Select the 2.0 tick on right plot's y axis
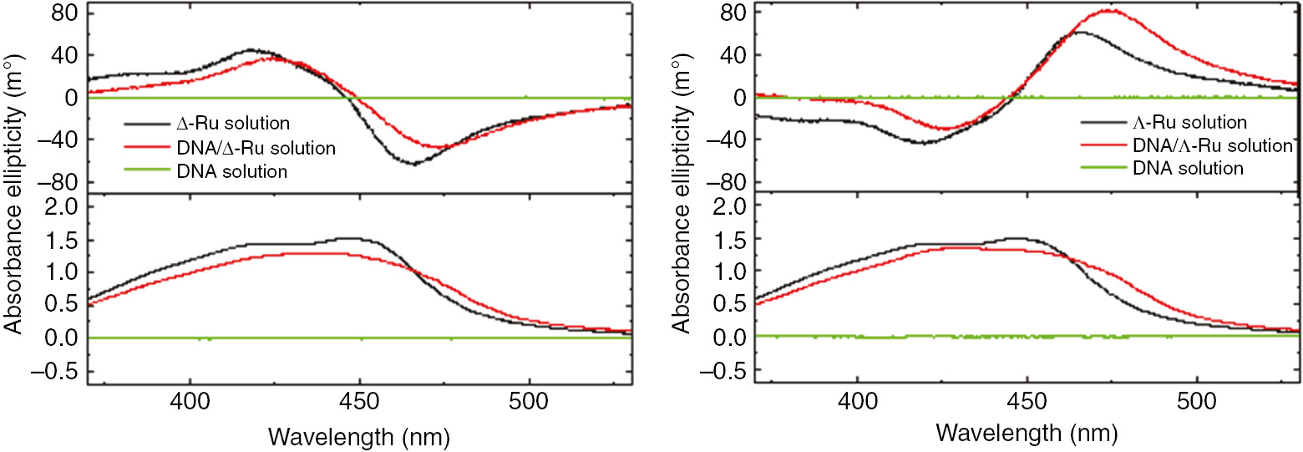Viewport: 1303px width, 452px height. (x=731, y=206)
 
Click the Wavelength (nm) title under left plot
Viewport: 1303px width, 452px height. (x=358, y=435)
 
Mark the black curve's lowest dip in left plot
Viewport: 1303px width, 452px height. (x=413, y=164)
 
